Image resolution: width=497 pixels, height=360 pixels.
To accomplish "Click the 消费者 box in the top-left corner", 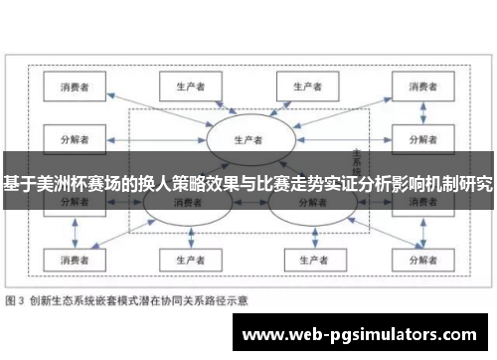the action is coord(75,88).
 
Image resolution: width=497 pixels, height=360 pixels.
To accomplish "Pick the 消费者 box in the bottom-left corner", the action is coord(75,260).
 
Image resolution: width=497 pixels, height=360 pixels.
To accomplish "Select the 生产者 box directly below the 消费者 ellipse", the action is coord(183,260).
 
